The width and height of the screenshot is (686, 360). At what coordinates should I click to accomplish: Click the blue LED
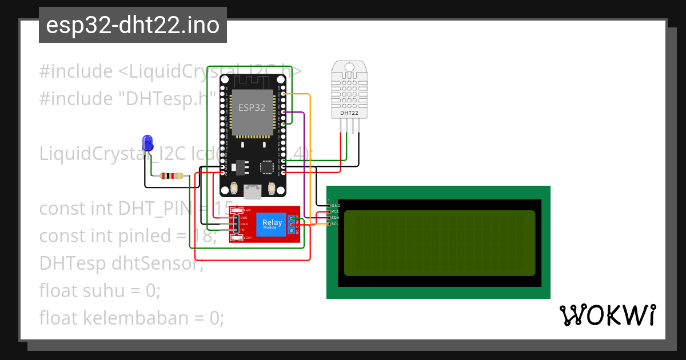147,142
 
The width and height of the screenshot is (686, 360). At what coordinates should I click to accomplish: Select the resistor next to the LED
171,176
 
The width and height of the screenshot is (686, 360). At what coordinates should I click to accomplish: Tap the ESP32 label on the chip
252,107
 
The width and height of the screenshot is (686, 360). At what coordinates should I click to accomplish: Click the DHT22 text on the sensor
349,113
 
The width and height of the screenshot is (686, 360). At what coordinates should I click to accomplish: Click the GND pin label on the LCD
336,205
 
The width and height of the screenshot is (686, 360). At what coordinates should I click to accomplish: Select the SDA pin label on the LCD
336,218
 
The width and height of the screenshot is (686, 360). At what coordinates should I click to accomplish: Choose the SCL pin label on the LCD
336,224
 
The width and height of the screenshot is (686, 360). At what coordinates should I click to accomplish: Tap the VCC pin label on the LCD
336,211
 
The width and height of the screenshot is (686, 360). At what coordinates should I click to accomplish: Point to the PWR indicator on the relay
247,211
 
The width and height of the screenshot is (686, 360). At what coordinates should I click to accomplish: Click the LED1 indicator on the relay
247,237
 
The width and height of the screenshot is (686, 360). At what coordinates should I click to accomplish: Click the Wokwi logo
607,315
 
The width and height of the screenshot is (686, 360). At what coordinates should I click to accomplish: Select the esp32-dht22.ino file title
133,26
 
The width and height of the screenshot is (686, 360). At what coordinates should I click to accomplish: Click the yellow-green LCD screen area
439,243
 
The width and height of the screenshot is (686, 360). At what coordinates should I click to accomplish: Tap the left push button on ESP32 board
234,189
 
